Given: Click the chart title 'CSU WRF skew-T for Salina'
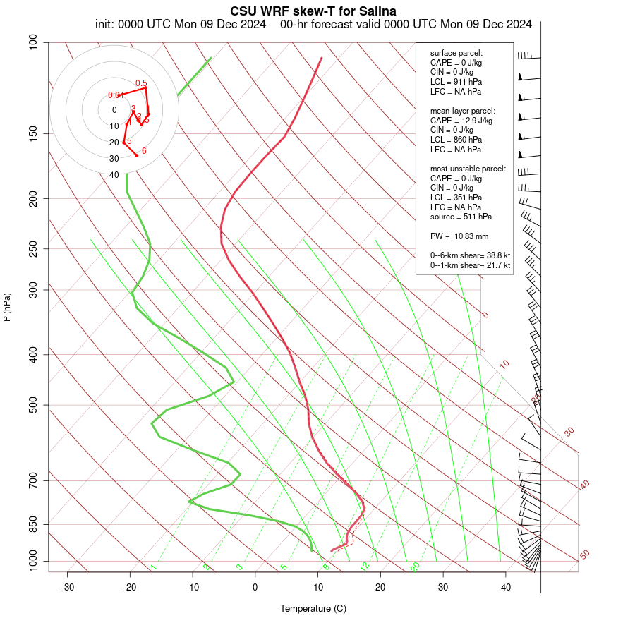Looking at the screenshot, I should (x=313, y=11).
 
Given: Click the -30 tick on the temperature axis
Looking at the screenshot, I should (x=68, y=587).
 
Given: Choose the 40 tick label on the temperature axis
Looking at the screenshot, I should (x=505, y=587).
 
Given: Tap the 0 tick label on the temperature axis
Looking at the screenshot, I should (x=255, y=587).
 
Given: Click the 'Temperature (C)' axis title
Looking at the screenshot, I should (x=313, y=608).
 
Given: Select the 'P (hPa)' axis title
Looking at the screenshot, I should (x=7, y=307).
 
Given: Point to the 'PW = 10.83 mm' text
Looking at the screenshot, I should (x=459, y=236).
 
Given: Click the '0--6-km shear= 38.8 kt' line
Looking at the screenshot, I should (x=470, y=255).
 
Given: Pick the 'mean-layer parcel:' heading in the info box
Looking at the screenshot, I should (x=463, y=111).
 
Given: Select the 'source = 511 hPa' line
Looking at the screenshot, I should (x=461, y=217).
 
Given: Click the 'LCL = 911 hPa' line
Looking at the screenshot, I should (x=456, y=82).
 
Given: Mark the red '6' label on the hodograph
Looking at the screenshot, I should (x=144, y=151).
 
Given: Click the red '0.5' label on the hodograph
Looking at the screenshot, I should (x=141, y=83).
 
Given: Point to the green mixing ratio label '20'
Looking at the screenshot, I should (x=416, y=567).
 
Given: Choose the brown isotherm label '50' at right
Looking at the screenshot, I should (x=584, y=555).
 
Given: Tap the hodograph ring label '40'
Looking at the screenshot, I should (x=114, y=175).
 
